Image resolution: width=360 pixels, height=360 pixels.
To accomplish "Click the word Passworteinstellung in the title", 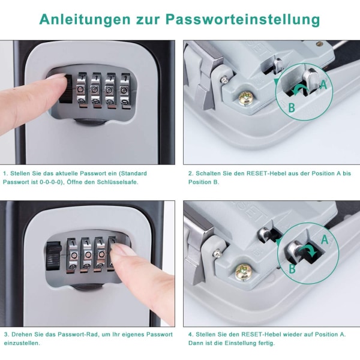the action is point(242,20).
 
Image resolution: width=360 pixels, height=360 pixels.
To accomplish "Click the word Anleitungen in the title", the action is point(85,20).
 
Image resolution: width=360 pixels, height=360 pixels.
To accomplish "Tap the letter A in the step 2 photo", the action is point(323,85).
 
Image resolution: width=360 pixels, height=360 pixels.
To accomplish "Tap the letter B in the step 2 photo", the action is point(292,107).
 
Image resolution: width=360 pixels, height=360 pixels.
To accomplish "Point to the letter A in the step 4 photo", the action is point(325,239).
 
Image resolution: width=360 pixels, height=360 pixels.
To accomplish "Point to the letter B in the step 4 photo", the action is point(292,268).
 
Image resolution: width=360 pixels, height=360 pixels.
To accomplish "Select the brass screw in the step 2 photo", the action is point(246,98).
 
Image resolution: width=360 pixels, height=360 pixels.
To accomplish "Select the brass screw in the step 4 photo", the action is point(244,272).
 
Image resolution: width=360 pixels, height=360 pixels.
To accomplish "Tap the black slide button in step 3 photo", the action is point(54,256).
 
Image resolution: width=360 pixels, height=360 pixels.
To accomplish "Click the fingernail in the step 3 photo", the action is point(119,248).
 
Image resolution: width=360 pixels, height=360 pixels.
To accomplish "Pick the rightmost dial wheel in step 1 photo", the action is point(125,90).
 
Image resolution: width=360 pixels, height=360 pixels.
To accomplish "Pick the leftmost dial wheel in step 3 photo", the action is point(72,255).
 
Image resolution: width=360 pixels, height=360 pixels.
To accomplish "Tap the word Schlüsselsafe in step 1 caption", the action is point(118,182).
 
